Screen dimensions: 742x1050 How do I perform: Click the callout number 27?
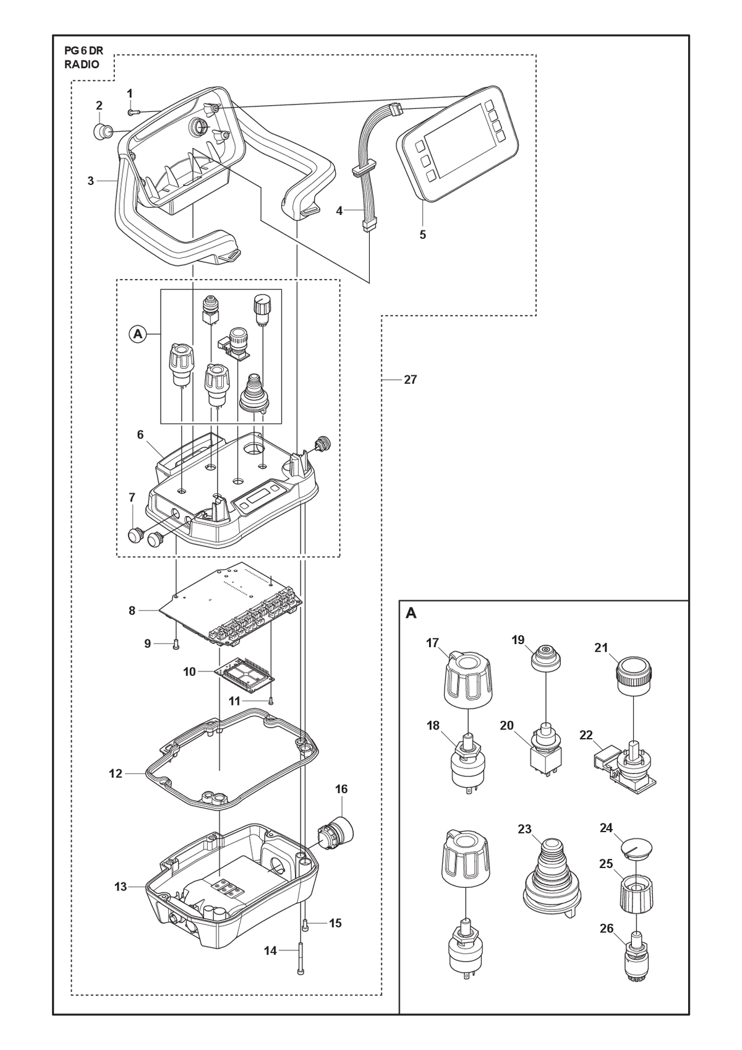(x=410, y=380)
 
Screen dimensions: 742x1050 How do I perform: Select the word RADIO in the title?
(x=82, y=64)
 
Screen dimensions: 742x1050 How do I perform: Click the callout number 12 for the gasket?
(x=116, y=773)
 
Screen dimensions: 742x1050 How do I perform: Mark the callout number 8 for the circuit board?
(x=132, y=611)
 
